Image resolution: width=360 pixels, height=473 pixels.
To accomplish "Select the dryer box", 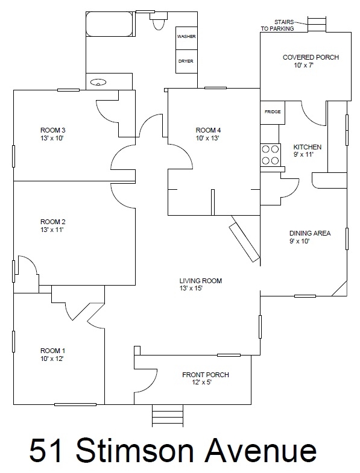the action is (186, 61).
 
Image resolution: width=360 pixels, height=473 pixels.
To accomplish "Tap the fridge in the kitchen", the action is (273, 112).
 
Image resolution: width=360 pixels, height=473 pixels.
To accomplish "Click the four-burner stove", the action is (270, 155).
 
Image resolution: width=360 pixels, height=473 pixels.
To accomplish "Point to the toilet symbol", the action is (158, 20).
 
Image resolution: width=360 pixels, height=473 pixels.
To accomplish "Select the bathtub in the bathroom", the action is (110, 25).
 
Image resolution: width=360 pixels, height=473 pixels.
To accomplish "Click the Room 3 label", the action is (53, 130).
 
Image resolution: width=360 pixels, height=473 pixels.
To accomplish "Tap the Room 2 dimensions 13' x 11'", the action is (52, 230).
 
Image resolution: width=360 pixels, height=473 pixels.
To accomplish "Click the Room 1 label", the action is (53, 351).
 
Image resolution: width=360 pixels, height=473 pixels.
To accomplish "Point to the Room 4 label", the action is (208, 130).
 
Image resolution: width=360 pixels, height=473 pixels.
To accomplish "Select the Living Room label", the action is (201, 281).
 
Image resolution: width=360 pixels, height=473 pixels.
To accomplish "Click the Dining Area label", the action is (310, 233).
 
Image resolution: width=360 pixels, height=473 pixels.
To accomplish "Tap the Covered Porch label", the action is (311, 57).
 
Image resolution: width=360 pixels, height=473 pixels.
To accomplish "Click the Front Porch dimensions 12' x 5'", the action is (203, 383).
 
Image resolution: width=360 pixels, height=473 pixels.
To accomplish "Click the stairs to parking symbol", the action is (317, 24).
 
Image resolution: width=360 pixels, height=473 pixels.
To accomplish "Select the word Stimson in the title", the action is (134, 451).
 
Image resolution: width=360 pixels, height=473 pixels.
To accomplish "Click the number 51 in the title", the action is (46, 451).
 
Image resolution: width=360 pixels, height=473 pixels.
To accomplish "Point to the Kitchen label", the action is (308, 147).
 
